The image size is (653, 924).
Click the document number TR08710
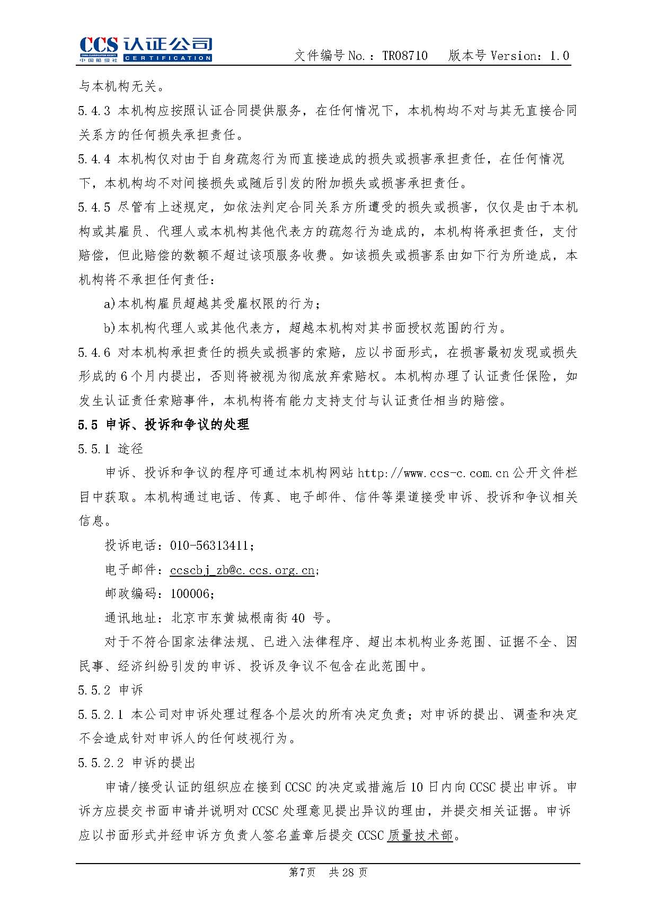405,56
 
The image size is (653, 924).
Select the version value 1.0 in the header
559,56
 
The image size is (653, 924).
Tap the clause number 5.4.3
94,111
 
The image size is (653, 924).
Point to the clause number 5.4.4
94,159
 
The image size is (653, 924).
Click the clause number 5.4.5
94,207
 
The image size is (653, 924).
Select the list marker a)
110,304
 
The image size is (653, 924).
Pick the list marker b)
110,328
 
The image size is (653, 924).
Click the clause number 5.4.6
94,353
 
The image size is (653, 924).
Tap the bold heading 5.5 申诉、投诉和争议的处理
163,425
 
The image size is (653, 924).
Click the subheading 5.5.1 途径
110,449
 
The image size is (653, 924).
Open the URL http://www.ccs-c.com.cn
433,473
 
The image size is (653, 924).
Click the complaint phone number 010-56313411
209,545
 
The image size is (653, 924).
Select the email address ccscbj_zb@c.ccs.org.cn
242,570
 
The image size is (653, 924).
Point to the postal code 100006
190,594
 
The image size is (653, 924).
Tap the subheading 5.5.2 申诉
110,690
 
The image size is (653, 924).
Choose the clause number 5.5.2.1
101,715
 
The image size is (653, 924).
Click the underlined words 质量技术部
420,835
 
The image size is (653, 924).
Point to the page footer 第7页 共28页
328,872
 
